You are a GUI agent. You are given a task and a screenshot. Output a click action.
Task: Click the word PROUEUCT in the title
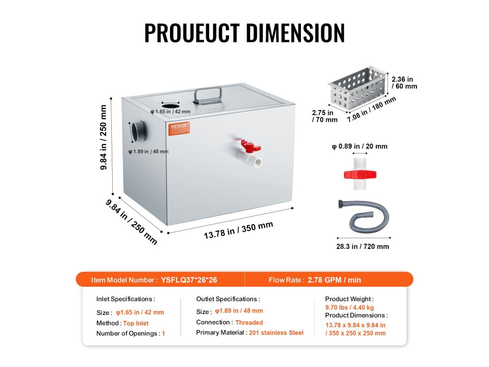pyautogui.click(x=191, y=32)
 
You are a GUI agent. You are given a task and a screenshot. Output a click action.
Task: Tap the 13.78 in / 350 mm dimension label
pyautogui.click(x=238, y=230)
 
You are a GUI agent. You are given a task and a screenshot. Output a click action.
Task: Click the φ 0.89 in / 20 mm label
pyautogui.click(x=359, y=146)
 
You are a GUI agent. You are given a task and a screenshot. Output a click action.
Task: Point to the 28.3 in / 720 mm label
pyautogui.click(x=363, y=247)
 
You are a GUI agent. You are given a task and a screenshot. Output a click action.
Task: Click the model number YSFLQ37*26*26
pyautogui.click(x=189, y=280)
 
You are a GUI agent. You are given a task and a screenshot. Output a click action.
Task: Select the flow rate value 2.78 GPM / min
pyautogui.click(x=334, y=280)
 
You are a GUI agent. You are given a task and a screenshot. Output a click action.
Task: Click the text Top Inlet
pyautogui.click(x=136, y=323)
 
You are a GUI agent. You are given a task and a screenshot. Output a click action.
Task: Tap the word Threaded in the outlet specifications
pyautogui.click(x=249, y=323)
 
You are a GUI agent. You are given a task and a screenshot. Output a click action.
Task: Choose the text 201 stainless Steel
pyautogui.click(x=276, y=333)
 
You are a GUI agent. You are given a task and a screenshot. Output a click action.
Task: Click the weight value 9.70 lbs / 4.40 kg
pyautogui.click(x=350, y=308)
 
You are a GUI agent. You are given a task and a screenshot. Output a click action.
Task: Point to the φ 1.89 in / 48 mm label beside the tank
pyautogui.click(x=149, y=151)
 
